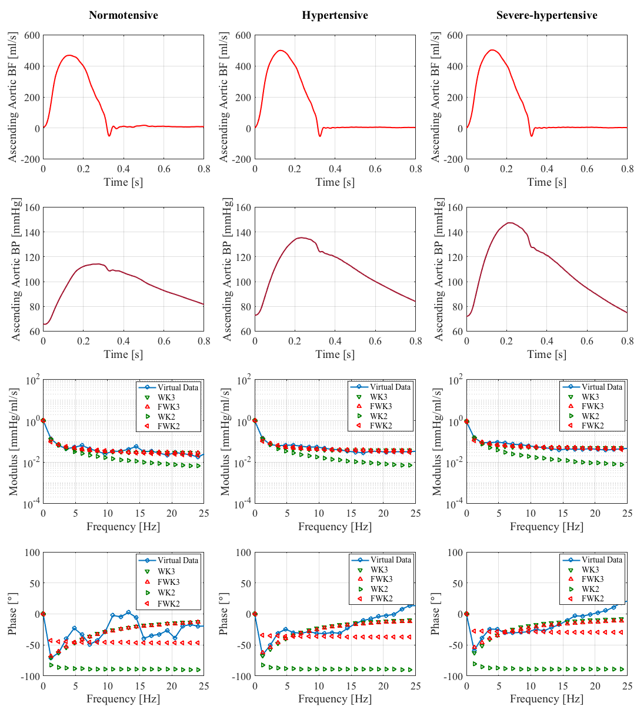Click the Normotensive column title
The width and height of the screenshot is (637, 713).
tap(123, 15)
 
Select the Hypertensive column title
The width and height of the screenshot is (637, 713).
tap(335, 15)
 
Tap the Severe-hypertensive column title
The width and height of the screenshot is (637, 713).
tap(546, 15)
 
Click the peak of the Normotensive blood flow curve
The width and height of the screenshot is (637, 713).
tap(70, 55)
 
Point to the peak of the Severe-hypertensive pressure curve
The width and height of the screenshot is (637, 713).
tap(509, 223)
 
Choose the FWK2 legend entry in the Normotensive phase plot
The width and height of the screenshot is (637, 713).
tap(176, 604)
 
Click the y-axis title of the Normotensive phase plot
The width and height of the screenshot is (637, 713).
tap(12, 614)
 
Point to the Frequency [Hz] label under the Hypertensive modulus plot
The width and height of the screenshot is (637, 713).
tap(335, 526)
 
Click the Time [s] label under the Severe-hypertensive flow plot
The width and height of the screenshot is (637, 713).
tap(546, 182)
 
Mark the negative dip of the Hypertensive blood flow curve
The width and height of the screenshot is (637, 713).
tap(320, 136)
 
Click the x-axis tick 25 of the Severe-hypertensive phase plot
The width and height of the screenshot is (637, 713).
tap(627, 686)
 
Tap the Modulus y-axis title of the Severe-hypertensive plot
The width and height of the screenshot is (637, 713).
tap(436, 441)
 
